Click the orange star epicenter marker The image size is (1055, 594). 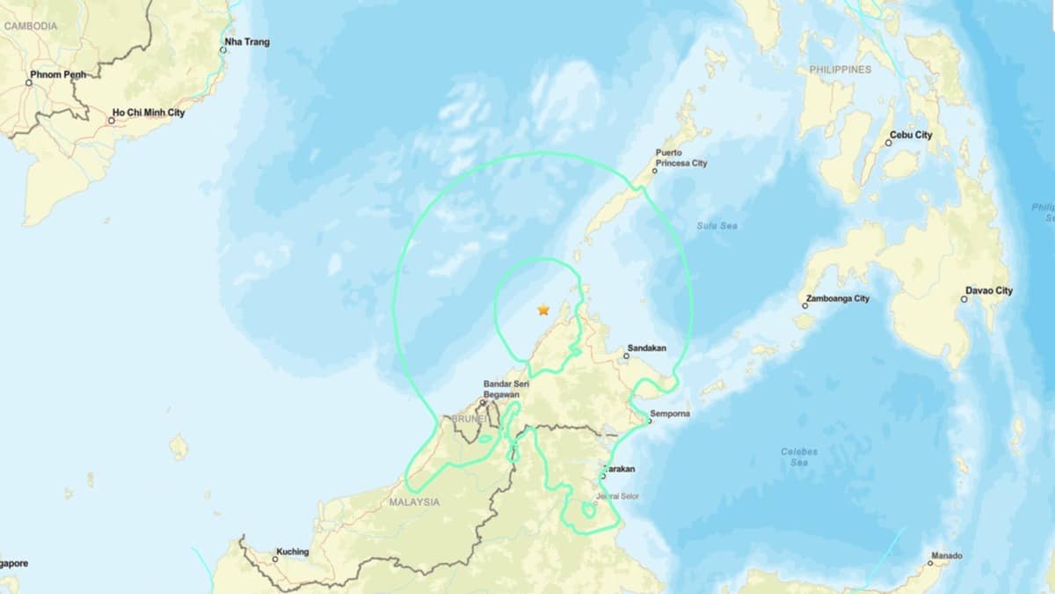[x=543, y=310]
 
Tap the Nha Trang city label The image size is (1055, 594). [x=247, y=41]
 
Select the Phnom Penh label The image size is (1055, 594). [x=58, y=75]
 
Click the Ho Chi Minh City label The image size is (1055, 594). [x=149, y=113]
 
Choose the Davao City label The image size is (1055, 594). [x=989, y=290]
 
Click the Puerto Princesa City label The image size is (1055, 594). [x=680, y=158]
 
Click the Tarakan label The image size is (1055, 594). [x=621, y=469]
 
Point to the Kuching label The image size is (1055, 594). [x=292, y=552]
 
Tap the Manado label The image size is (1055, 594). [x=948, y=555]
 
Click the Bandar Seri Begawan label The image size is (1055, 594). [x=501, y=389]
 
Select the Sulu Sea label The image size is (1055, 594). [x=717, y=226]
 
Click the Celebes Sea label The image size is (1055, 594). [x=799, y=457]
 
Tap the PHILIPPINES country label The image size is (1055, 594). [x=840, y=69]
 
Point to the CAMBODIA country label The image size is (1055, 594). [x=31, y=26]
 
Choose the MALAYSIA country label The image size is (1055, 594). [x=413, y=502]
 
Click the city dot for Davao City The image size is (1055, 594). [x=964, y=299]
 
